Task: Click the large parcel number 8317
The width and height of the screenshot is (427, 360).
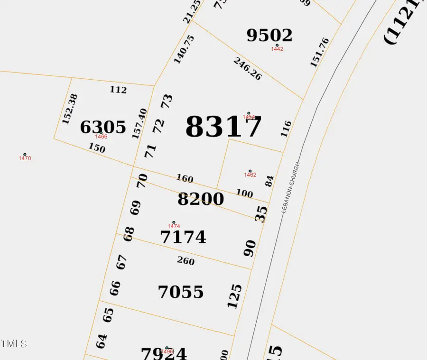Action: [x=223, y=127]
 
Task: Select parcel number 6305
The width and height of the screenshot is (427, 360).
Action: [x=103, y=127]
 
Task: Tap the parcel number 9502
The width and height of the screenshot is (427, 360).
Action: [x=269, y=35]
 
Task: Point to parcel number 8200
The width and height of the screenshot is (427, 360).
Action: [x=201, y=199]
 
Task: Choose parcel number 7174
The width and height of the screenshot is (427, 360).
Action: [x=184, y=237]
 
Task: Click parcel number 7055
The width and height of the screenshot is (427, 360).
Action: [x=181, y=292]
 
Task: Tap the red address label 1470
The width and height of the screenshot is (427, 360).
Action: [x=25, y=158]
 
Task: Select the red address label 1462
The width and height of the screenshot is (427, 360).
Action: [x=250, y=175]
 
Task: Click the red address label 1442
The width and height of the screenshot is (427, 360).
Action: [x=277, y=49]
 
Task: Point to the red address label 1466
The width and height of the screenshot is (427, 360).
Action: [x=101, y=137]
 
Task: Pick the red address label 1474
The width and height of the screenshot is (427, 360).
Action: [x=174, y=226]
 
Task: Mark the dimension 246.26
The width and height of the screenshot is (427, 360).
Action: [x=247, y=69]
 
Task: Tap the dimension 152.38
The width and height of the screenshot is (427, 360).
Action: [x=70, y=109]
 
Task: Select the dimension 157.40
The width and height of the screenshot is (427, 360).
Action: [x=140, y=123]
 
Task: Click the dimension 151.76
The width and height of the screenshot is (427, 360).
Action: [x=319, y=52]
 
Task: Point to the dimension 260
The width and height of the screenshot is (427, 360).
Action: [x=186, y=260]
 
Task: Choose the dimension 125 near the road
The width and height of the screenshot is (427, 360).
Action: [x=235, y=296]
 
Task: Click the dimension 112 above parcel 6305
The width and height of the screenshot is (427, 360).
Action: [x=118, y=90]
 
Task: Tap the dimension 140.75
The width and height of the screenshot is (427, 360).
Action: [x=184, y=49]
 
